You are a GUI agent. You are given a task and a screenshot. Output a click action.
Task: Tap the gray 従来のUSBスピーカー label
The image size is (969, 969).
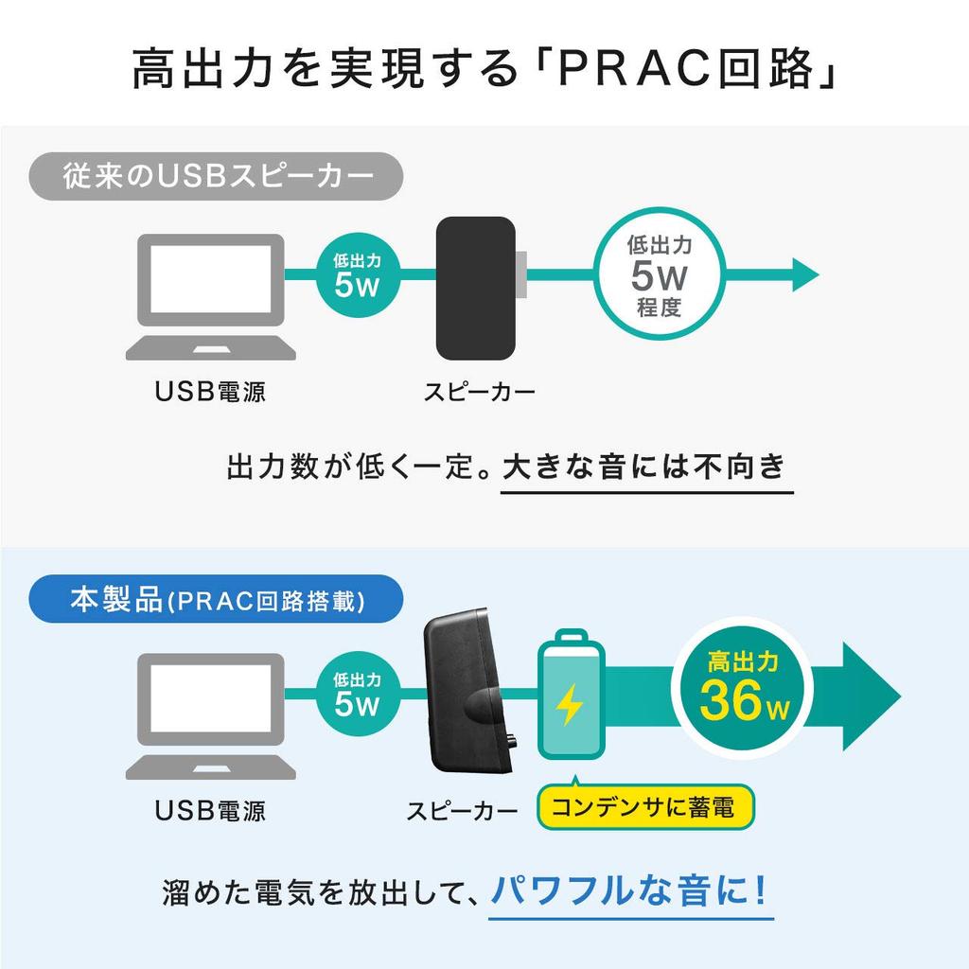click(x=217, y=176)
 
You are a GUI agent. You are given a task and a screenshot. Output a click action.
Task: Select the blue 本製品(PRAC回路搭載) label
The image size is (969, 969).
click(x=217, y=601)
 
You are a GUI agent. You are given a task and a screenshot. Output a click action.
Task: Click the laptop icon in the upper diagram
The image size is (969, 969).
click(x=211, y=295)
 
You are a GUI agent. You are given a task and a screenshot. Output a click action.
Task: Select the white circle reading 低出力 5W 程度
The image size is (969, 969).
click(x=660, y=275)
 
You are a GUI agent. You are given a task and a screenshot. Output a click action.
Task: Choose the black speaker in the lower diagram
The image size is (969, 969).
click(x=470, y=696)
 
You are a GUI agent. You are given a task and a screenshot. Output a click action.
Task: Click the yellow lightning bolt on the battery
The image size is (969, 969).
click(x=569, y=704)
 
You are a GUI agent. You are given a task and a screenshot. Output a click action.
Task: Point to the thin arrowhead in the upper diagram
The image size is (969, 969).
click(x=804, y=275)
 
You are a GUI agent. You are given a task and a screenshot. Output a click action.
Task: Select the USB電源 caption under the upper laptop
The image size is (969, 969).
click(x=210, y=391)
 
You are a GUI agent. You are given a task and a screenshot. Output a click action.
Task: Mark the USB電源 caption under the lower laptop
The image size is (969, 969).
click(x=210, y=810)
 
